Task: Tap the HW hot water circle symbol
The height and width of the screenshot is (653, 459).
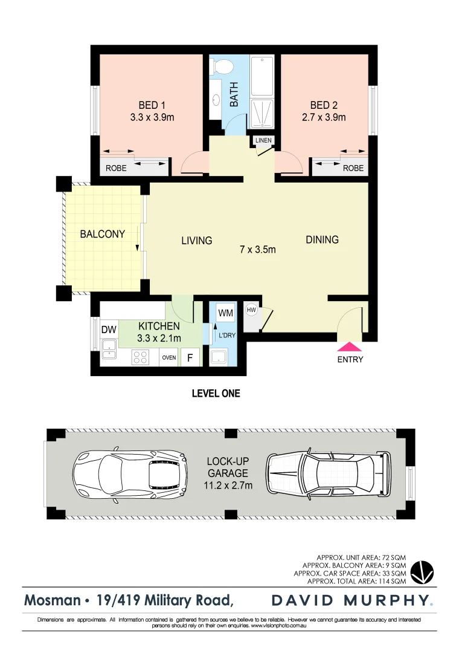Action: point(251,311)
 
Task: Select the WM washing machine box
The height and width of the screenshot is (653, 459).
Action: point(225,313)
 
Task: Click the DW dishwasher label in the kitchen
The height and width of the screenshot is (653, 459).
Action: point(109,330)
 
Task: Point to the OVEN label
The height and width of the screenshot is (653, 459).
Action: point(169,357)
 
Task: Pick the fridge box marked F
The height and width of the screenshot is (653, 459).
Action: point(190,357)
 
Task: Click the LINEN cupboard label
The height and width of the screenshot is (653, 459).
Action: point(263,141)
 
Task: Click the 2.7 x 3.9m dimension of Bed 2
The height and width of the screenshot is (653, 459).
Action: point(324,117)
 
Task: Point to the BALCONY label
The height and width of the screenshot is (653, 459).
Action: point(103,234)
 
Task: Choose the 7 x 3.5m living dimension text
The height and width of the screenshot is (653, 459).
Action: point(258,249)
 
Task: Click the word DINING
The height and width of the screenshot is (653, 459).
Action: point(322,239)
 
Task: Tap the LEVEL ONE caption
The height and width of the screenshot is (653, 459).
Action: point(216,393)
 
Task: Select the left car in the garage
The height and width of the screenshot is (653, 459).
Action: point(127,473)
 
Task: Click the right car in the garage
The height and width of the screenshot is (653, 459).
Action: point(327,473)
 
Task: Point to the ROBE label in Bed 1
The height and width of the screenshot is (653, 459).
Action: point(116,168)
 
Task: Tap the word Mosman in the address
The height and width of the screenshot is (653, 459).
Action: point(52,600)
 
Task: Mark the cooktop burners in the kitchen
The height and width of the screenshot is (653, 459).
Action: point(141,357)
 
